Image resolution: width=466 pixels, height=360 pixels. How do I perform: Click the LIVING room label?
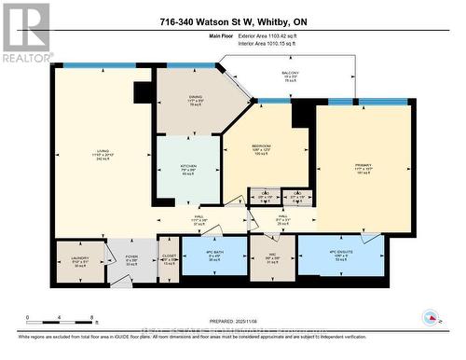coord(103,156)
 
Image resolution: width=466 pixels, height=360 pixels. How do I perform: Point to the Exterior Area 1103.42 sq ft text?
coord(276,35)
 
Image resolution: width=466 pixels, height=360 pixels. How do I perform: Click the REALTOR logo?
coord(26,33)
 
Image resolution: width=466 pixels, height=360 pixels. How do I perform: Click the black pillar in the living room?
coord(143,92)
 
